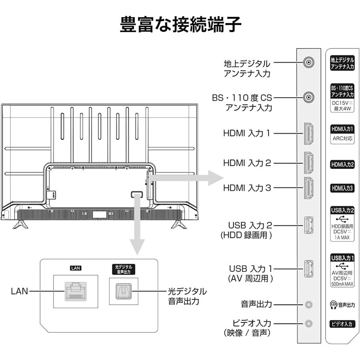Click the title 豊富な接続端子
click(x=181, y=24)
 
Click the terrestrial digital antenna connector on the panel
click(x=308, y=63)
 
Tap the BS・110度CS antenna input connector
click(x=308, y=97)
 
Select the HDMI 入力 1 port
click(x=308, y=133)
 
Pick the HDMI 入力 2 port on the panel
click(x=308, y=163)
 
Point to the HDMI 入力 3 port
click(x=308, y=188)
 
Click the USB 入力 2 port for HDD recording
click(x=308, y=225)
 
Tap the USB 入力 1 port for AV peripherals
click(x=308, y=268)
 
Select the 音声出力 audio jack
click(x=308, y=304)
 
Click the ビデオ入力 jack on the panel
click(x=308, y=323)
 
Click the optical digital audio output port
click(x=123, y=291)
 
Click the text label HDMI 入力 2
click(x=247, y=163)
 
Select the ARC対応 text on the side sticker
click(x=342, y=138)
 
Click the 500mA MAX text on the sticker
click(x=342, y=284)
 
